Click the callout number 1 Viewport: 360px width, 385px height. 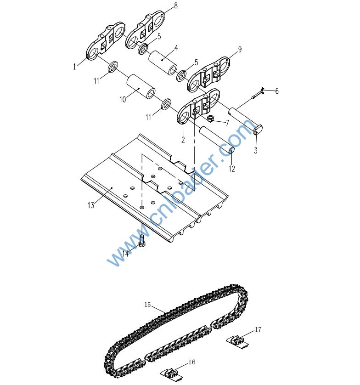coord(74,67)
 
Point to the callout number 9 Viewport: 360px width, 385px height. coord(240,49)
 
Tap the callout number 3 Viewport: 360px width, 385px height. coord(256,150)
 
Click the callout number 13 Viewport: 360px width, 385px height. coord(91,205)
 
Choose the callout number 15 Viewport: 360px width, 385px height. coord(147,304)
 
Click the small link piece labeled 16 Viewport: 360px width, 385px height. coord(171,372)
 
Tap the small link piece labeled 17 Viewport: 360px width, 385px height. coord(237,340)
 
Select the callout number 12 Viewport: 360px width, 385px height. coord(232,169)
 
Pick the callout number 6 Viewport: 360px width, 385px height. coord(277,91)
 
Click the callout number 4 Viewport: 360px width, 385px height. coord(176,47)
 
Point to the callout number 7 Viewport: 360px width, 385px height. coord(227,123)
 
